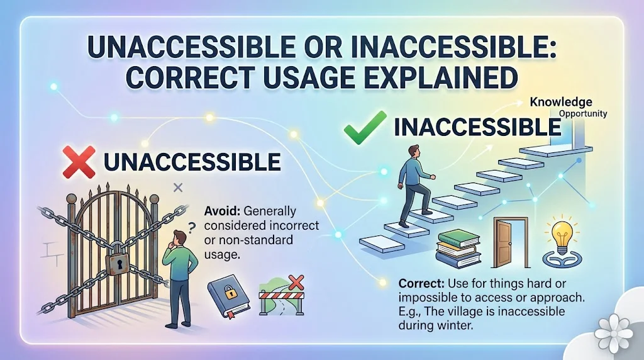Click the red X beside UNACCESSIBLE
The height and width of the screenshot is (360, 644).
(79, 162)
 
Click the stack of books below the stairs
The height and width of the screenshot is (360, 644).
(458, 249)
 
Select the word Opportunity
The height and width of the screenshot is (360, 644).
(583, 114)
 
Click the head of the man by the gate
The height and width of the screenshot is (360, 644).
(178, 237)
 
